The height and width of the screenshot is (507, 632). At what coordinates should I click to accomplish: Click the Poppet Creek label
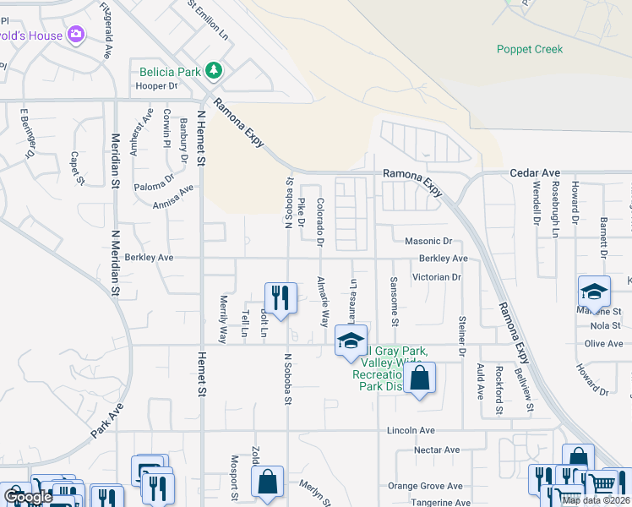click(530, 49)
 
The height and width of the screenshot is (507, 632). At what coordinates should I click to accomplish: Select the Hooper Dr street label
click(156, 86)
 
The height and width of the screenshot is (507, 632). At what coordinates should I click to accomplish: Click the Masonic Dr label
click(428, 242)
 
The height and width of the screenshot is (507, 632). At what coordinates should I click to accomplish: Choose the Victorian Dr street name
click(436, 277)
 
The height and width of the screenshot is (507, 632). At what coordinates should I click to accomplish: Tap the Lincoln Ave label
click(411, 430)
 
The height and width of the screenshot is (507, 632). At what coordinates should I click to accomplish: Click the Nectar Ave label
click(437, 450)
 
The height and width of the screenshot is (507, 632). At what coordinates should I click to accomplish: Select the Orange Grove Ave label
click(425, 486)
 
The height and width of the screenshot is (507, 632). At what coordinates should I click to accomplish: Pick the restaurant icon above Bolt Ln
click(281, 297)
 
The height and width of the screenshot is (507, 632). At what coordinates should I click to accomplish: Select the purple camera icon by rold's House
click(77, 35)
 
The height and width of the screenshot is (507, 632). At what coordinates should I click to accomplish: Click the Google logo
click(28, 497)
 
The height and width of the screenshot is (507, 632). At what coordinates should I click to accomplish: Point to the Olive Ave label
click(603, 344)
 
